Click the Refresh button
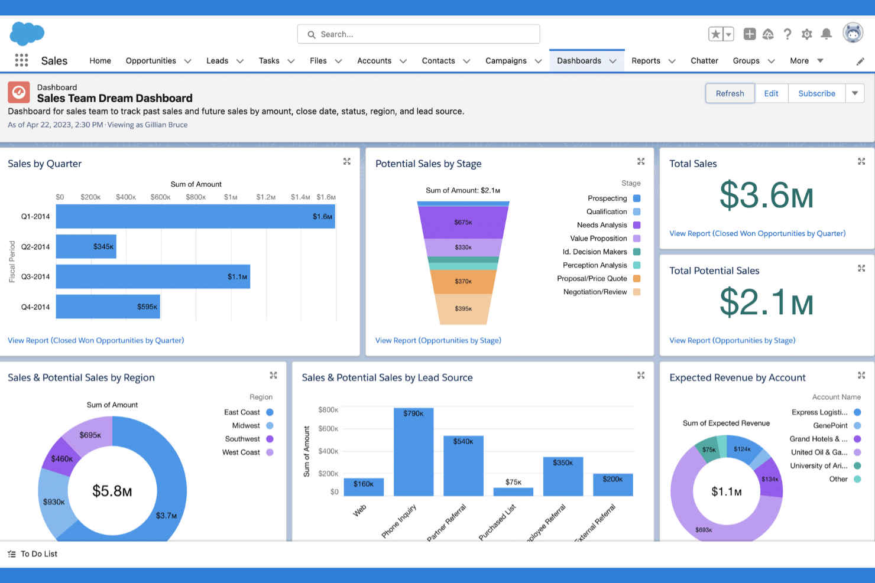730,93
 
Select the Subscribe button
816,93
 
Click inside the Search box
418,34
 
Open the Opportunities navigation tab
151,61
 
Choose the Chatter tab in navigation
704,61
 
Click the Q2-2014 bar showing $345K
86,247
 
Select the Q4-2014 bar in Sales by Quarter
108,307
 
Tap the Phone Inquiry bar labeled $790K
413,452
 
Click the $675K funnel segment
463,222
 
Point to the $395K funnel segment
463,308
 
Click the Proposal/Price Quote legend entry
592,279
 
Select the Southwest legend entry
242,439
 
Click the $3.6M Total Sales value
766,196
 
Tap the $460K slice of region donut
61,458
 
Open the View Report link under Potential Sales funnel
438,340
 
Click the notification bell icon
827,34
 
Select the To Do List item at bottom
38,554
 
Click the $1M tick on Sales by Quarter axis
231,197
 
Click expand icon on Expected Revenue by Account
861,375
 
